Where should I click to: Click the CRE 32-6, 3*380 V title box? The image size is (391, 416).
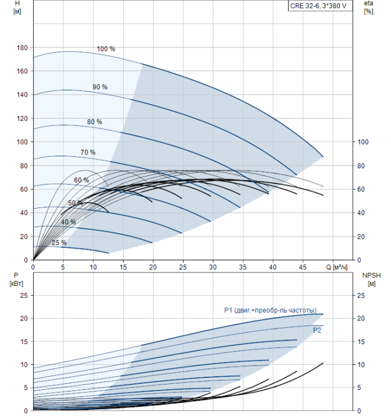320,6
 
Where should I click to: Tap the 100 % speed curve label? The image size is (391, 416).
106,49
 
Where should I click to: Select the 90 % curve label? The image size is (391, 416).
100,87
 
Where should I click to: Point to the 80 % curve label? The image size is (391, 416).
94,122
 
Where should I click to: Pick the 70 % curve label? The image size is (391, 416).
88,152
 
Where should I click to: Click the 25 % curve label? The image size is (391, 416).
59,242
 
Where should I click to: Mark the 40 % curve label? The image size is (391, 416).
68,222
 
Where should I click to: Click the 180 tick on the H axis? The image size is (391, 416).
22,48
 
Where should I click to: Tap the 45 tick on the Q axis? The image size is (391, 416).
302,267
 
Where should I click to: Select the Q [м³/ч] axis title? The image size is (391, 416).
336,267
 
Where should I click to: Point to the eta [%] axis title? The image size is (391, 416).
369,7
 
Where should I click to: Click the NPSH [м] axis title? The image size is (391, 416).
371,280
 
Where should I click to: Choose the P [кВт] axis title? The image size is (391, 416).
16,280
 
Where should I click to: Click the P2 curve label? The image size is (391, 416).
317,330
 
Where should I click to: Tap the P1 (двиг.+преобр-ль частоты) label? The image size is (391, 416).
270,310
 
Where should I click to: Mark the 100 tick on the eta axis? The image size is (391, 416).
363,142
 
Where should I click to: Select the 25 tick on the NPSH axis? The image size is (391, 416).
361,295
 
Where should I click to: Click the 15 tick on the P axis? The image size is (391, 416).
24,342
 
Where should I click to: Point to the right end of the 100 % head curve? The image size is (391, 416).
323,157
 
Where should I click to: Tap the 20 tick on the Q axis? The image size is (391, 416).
153,267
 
